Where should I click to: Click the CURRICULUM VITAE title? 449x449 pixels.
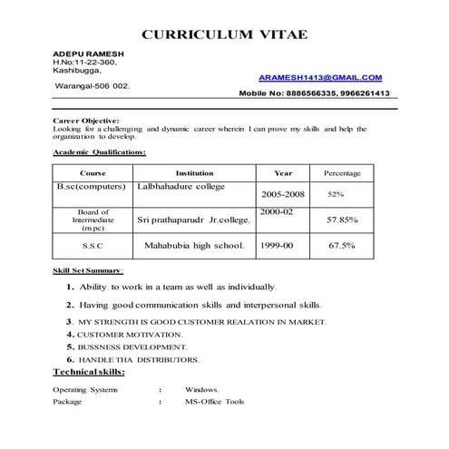click(225, 34)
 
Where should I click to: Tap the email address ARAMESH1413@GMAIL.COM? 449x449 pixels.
click(320, 79)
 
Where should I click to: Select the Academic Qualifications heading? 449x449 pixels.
click(99, 151)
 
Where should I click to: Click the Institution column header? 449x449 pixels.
click(194, 172)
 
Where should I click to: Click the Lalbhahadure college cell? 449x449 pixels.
click(181, 187)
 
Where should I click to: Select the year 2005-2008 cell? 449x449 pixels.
click(283, 194)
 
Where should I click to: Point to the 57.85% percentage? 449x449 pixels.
click(342, 220)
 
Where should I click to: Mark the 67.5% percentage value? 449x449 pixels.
click(342, 245)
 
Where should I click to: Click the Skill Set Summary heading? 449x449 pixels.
click(89, 270)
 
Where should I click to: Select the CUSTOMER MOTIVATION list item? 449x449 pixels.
click(132, 334)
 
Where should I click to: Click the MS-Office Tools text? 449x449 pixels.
click(214, 400)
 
